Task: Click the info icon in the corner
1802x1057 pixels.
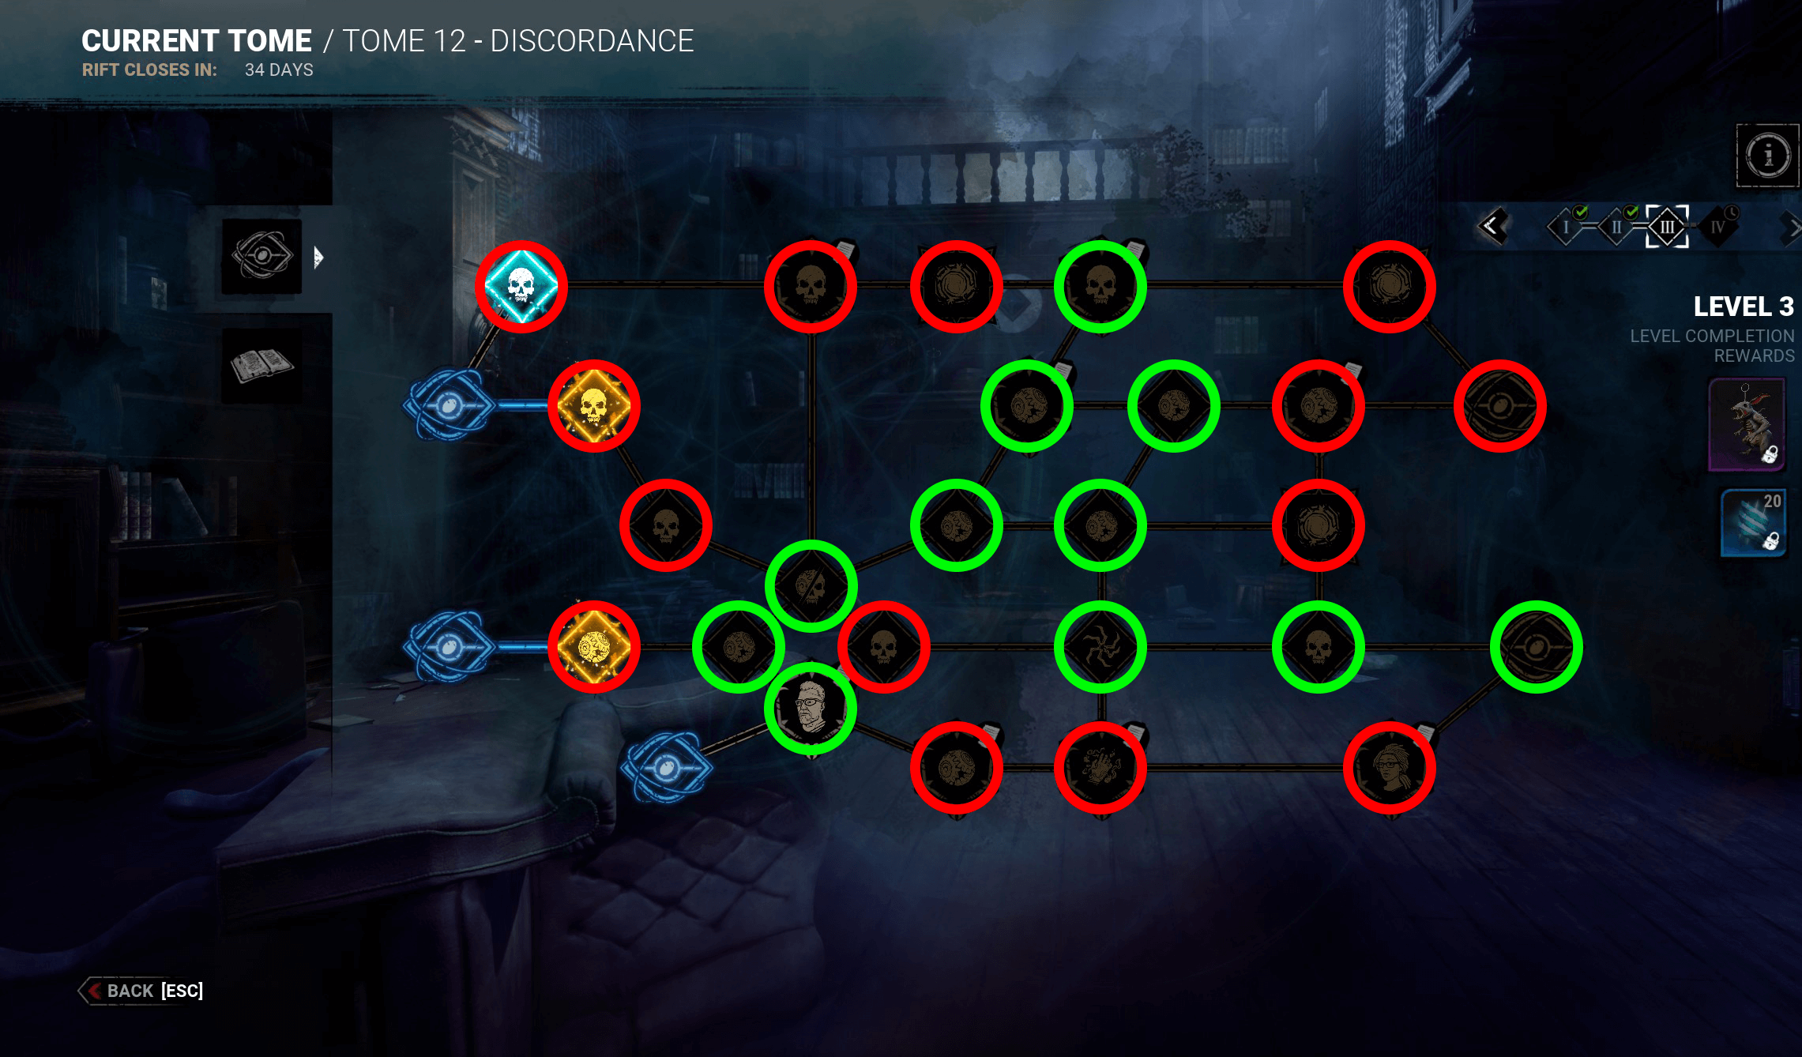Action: pyautogui.click(x=1767, y=155)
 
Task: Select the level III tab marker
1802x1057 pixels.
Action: pyautogui.click(x=1667, y=228)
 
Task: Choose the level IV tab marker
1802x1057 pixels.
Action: pyautogui.click(x=1717, y=228)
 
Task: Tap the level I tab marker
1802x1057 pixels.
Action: pyautogui.click(x=1566, y=228)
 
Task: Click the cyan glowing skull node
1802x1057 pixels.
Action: pyautogui.click(x=521, y=286)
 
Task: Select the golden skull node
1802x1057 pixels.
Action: pyautogui.click(x=594, y=406)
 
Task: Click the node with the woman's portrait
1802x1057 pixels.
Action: pyautogui.click(x=1389, y=767)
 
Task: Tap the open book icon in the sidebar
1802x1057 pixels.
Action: pyautogui.click(x=261, y=366)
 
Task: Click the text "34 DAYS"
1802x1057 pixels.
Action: pyautogui.click(x=279, y=70)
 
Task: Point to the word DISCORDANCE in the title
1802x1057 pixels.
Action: pyautogui.click(x=592, y=41)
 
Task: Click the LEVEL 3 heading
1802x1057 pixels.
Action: pyautogui.click(x=1743, y=307)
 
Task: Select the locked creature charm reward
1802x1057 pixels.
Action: pyautogui.click(x=1747, y=424)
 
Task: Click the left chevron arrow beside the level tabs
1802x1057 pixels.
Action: pyautogui.click(x=1492, y=227)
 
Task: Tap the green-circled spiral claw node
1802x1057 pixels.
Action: pyautogui.click(x=1100, y=647)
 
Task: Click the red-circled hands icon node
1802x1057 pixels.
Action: pyautogui.click(x=1100, y=767)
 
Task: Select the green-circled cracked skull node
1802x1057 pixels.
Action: pyautogui.click(x=811, y=586)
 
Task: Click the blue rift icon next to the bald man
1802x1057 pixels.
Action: pyautogui.click(x=666, y=767)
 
